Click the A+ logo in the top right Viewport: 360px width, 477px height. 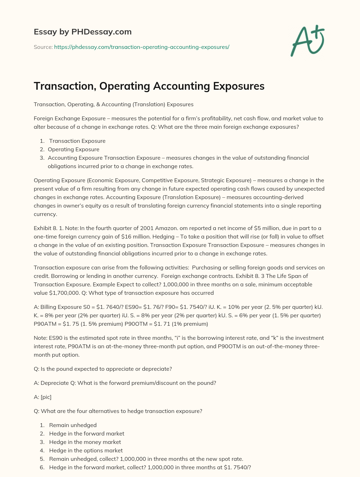308,40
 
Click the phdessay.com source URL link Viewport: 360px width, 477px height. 141,47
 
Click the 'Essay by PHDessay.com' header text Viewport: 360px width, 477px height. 83,32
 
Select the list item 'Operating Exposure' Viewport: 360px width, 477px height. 73,150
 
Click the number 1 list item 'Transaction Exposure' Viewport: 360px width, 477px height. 77,141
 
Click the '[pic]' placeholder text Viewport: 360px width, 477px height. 46,397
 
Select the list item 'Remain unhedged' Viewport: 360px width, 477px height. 73,425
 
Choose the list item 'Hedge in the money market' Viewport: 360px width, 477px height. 85,442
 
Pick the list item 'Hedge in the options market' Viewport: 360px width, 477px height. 86,451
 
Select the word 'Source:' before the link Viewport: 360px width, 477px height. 43,47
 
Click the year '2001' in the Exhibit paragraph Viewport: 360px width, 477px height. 147,228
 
